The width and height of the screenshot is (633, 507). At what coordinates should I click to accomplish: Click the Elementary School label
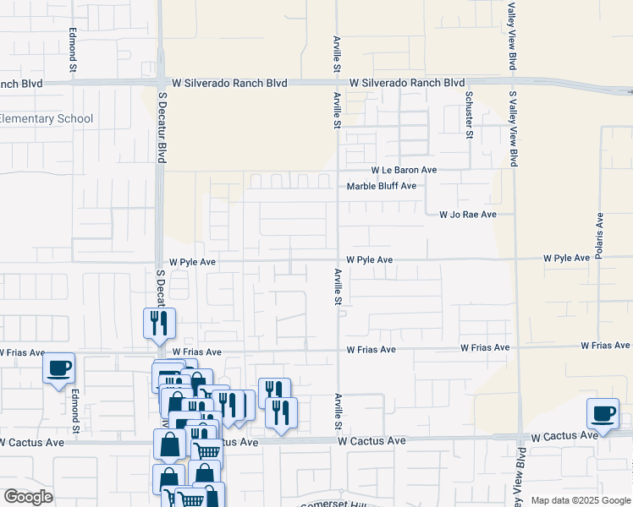47,119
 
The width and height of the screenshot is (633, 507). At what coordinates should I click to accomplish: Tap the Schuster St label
468,115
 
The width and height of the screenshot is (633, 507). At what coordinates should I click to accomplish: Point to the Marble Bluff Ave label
383,186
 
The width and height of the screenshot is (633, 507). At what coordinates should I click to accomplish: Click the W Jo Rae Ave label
467,215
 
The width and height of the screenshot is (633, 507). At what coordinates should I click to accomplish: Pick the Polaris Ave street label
599,236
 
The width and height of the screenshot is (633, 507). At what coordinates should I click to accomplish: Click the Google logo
28,497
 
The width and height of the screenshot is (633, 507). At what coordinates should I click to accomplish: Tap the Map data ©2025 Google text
580,500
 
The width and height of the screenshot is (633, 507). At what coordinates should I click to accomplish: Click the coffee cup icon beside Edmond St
59,368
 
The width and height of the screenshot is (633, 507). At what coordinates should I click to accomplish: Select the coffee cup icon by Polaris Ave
603,413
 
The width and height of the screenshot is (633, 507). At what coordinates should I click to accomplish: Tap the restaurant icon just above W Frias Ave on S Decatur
158,323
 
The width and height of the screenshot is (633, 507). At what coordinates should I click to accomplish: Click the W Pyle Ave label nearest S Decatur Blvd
193,262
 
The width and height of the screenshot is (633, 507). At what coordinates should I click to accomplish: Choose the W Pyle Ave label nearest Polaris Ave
566,258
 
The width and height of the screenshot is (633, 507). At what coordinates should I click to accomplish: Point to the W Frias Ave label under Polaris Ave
605,346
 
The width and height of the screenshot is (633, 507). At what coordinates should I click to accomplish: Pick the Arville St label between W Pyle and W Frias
338,287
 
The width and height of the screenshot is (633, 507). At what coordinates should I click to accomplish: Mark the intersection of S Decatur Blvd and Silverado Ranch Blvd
161,83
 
